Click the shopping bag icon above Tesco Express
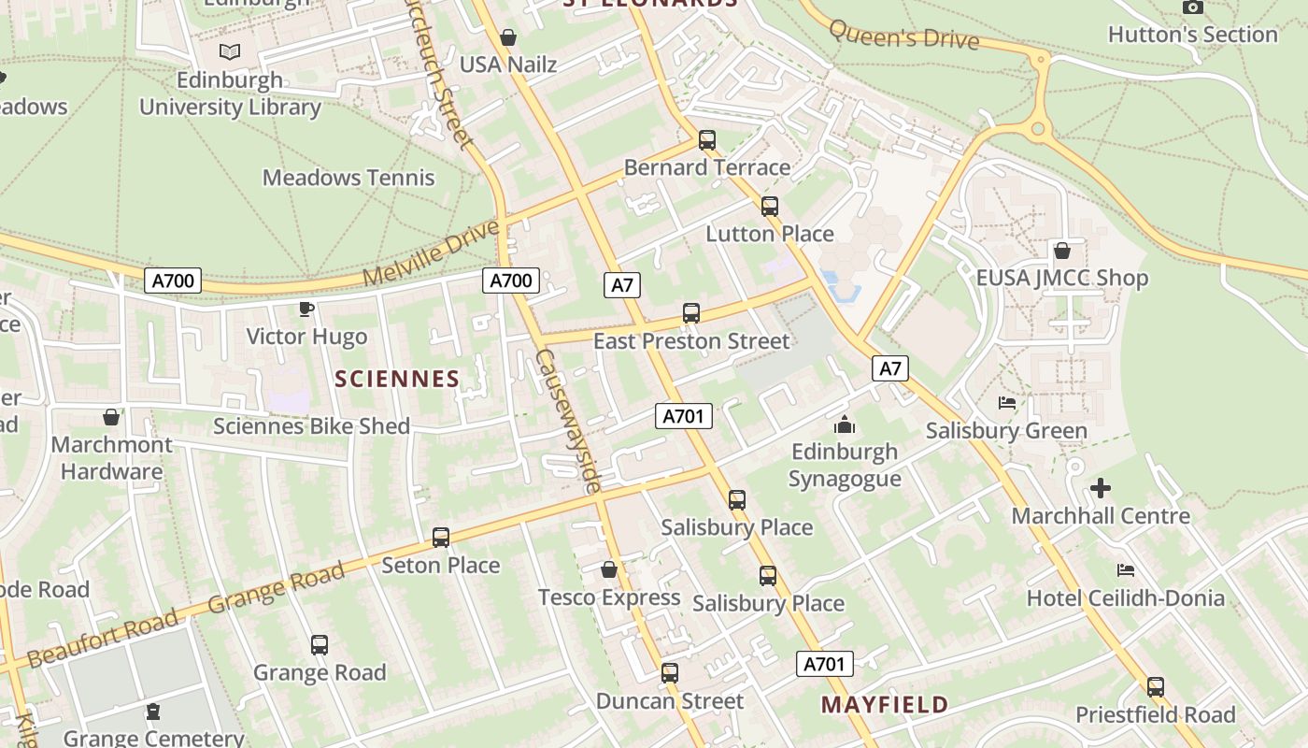(x=609, y=568)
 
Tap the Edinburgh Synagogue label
(x=845, y=465)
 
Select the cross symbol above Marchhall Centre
(x=1101, y=487)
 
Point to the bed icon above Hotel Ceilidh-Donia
(x=1126, y=569)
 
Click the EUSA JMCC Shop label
(x=1061, y=278)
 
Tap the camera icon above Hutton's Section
(x=1192, y=7)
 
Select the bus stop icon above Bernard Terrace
(x=707, y=140)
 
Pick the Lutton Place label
(x=770, y=233)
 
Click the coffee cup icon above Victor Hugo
(x=306, y=309)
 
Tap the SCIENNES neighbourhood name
(x=397, y=379)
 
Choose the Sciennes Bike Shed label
(x=311, y=426)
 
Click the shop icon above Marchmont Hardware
(x=111, y=416)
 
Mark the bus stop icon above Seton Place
(x=441, y=538)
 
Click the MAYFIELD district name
(x=885, y=704)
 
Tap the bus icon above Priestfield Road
(x=1156, y=687)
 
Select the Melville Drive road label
(x=431, y=253)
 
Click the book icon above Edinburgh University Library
(x=230, y=52)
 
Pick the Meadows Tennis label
(x=348, y=177)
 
